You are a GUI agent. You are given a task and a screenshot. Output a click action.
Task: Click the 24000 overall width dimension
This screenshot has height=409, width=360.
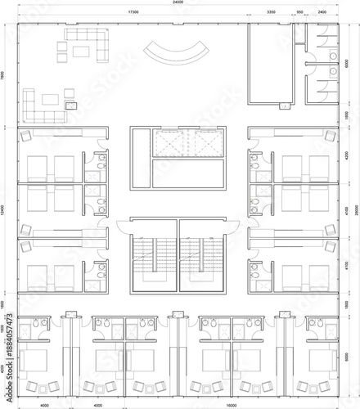tap(178, 3)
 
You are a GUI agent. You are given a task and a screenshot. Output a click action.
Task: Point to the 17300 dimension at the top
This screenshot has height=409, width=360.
tap(133, 13)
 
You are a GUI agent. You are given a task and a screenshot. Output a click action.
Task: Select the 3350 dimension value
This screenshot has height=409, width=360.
tap(271, 13)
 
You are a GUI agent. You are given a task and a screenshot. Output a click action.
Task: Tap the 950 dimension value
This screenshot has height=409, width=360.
tap(299, 13)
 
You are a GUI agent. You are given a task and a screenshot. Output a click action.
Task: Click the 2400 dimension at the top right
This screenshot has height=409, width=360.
tap(322, 13)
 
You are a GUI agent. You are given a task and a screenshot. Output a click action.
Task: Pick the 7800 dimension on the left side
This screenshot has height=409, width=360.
tap(4, 74)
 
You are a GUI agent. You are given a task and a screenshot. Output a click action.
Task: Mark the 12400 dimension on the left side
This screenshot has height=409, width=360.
tap(4, 210)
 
